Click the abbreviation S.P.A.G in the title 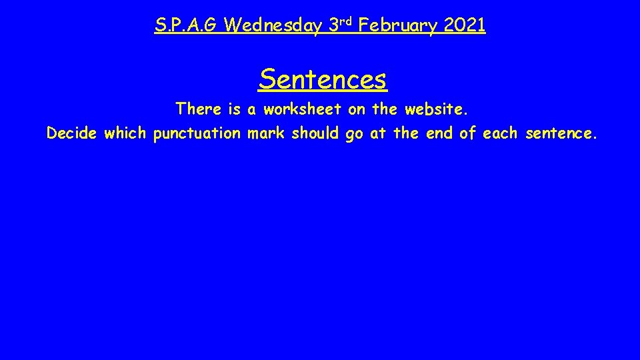pos(186,26)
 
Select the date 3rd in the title pos(340,26)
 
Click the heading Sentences pos(323,79)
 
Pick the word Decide pos(72,134)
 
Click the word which pos(125,134)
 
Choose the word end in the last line pos(438,134)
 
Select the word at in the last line pos(378,134)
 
